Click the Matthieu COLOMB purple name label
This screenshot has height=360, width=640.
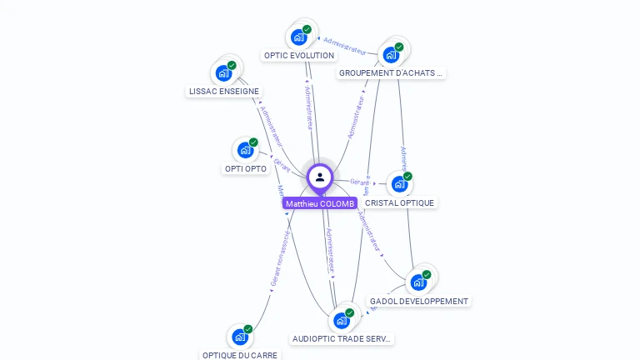pyautogui.click(x=320, y=203)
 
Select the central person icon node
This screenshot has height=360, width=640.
pyautogui.click(x=320, y=177)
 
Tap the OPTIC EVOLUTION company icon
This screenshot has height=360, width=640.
pyautogui.click(x=298, y=37)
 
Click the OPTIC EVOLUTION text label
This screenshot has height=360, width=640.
pyautogui.click(x=298, y=56)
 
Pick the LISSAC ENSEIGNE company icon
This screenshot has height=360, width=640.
pyautogui.click(x=223, y=73)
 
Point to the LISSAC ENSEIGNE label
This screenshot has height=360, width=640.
pyautogui.click(x=224, y=92)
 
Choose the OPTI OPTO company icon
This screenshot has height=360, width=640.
pyautogui.click(x=245, y=151)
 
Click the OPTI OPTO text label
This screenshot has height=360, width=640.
pyautogui.click(x=246, y=168)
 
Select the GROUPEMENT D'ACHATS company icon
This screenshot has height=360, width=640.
pyautogui.click(x=391, y=56)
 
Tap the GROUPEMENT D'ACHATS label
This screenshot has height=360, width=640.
pyautogui.click(x=391, y=73)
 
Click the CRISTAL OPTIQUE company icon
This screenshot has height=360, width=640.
pyautogui.click(x=399, y=184)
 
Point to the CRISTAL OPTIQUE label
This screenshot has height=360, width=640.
pyautogui.click(x=399, y=202)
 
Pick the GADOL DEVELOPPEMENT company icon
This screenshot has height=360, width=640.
pyautogui.click(x=418, y=282)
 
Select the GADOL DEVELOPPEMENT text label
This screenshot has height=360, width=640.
pyautogui.click(x=419, y=301)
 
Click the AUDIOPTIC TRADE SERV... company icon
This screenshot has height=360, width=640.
pyautogui.click(x=341, y=321)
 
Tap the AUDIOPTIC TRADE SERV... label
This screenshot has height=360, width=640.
pyautogui.click(x=342, y=338)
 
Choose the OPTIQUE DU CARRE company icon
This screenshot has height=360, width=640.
pyautogui.click(x=240, y=337)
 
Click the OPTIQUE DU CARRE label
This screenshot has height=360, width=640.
pyautogui.click(x=241, y=355)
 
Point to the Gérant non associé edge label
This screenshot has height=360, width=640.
pyautogui.click(x=280, y=259)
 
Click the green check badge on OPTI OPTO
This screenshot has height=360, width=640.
pyautogui.click(x=253, y=142)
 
